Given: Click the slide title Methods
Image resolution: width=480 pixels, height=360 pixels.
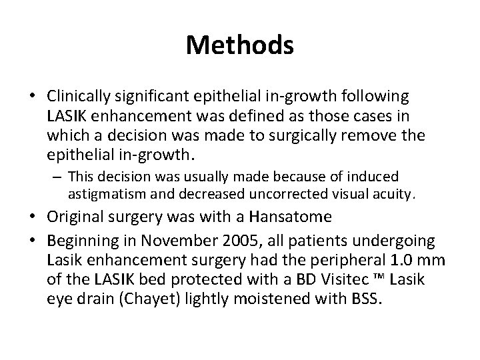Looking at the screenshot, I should [x=240, y=45].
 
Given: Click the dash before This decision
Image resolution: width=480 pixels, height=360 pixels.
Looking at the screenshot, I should [x=59, y=177].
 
